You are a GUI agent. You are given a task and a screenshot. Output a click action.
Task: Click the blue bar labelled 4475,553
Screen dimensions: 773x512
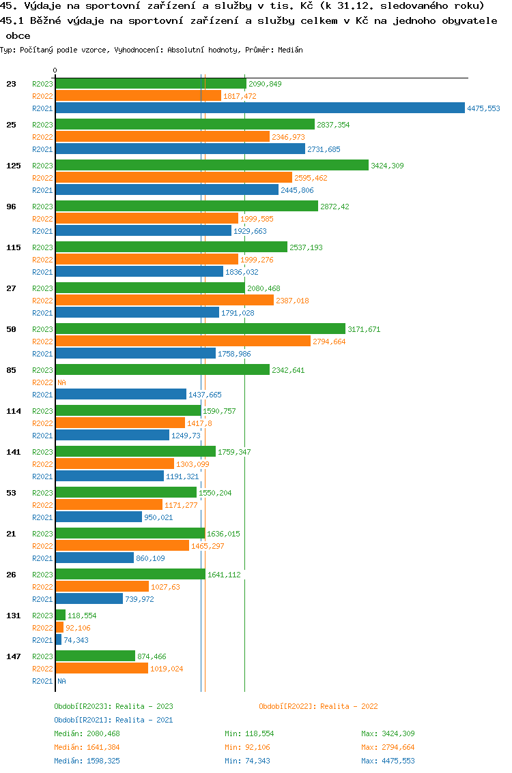pos(259,108)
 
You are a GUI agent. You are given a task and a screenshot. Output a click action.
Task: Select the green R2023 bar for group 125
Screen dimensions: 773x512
pos(212,165)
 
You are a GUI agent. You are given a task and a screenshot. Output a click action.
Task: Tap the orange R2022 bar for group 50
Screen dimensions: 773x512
pos(183,341)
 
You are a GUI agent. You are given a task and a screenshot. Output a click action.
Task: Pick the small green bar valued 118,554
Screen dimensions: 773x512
pos(61,615)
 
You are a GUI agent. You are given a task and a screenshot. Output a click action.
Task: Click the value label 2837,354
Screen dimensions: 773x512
pos(333,125)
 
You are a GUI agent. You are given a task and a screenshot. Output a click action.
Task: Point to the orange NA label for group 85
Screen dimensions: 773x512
pos(61,382)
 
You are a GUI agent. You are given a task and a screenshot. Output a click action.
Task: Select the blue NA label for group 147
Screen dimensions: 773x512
pos(61,681)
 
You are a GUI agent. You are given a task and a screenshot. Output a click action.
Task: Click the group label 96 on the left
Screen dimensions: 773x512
pos(11,207)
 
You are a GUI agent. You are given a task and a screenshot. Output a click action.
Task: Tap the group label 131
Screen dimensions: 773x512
pos(13,616)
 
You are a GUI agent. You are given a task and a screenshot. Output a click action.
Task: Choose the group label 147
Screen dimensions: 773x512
pos(13,656)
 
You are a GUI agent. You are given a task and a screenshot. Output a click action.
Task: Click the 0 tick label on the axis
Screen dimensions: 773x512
pos(55,70)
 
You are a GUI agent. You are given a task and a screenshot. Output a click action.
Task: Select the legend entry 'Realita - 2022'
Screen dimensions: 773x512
pos(318,706)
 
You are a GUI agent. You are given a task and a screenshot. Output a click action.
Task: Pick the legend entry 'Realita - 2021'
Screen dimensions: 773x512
pos(113,720)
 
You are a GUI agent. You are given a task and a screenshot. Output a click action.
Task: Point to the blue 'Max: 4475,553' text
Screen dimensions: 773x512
pos(388,761)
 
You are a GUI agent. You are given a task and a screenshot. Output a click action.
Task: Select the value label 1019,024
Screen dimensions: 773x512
pos(167,669)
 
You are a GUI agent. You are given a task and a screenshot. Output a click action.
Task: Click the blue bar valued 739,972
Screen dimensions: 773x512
pos(89,598)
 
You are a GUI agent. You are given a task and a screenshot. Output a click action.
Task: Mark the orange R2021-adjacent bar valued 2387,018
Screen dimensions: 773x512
pos(164,300)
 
